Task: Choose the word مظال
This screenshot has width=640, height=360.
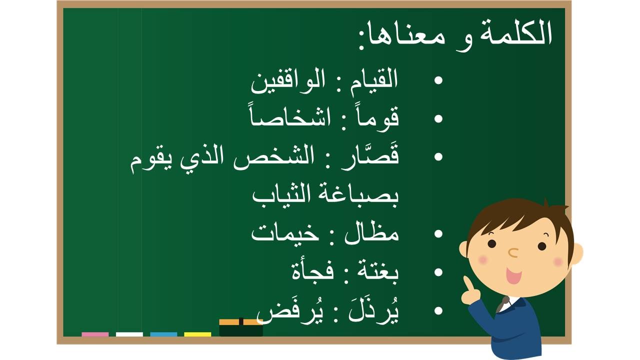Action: [x=371, y=233]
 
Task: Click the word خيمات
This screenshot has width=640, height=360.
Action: [x=285, y=235]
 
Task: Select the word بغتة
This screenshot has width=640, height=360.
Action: [x=377, y=272]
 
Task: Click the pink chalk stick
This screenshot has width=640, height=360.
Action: [x=95, y=334]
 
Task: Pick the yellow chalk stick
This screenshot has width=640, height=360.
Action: [x=197, y=334]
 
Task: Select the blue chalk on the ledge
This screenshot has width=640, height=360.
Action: [x=163, y=334]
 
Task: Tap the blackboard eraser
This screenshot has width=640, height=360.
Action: [x=241, y=327]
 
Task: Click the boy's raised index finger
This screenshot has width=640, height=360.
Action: [x=467, y=283]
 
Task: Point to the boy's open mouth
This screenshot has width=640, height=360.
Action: [x=513, y=275]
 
